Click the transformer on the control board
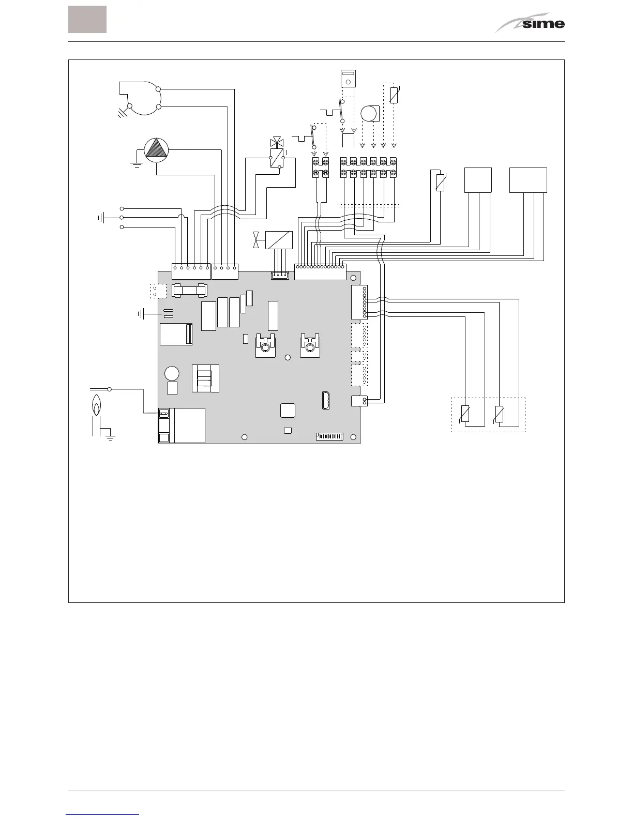205,378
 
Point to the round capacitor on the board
172,373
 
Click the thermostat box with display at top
348,79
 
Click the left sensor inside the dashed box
465,414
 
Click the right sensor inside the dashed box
499,414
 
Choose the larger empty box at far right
528,180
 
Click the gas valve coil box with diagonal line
279,240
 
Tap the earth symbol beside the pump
137,164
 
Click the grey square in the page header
87,20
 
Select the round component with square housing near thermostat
369,113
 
